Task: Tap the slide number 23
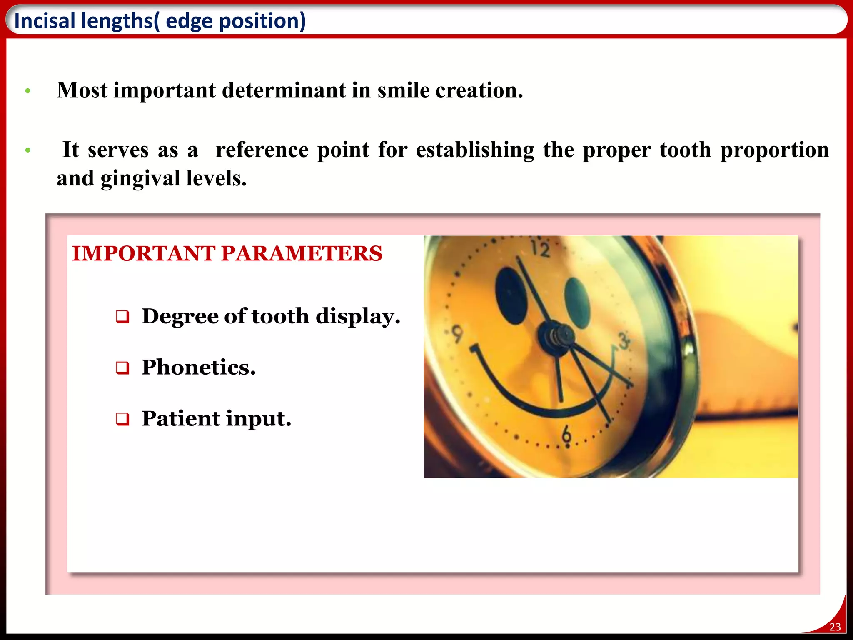(835, 627)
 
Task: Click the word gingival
(140, 179)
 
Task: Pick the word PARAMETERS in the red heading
(301, 253)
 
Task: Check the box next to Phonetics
(122, 368)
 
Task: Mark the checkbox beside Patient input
(122, 419)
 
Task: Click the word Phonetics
(198, 367)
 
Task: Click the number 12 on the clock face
(541, 249)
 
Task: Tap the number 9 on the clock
(457, 335)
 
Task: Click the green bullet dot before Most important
(28, 91)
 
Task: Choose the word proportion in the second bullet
(775, 150)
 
